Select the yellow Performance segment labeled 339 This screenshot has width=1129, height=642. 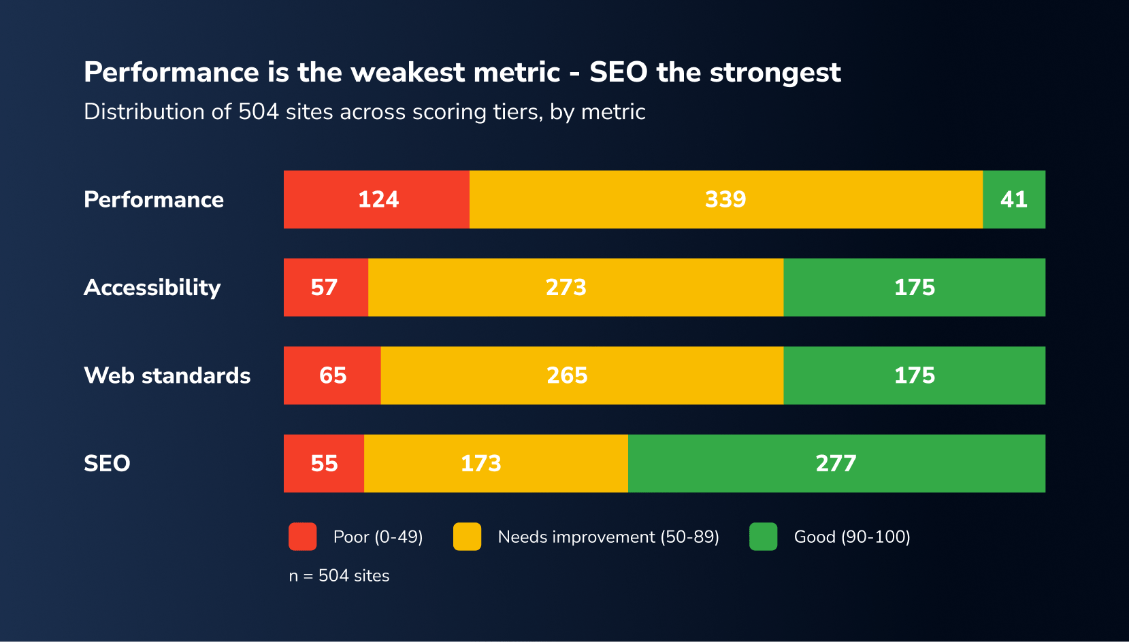725,199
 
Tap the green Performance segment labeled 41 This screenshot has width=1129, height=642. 1014,199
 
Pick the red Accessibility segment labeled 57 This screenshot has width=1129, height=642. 325,287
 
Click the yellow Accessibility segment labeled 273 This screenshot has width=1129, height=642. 575,287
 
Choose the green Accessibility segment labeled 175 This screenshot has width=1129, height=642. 914,287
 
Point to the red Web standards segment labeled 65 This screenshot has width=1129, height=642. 332,375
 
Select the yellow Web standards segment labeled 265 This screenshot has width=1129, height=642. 581,375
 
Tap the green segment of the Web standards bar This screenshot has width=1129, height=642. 914,375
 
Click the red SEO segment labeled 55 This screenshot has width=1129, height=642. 324,463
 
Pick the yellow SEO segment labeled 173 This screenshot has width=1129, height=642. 495,463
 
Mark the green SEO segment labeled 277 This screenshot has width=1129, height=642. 836,463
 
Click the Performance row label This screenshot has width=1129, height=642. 154,199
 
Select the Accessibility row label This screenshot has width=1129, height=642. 152,288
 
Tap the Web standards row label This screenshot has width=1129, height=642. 167,375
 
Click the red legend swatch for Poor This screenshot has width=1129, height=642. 302,537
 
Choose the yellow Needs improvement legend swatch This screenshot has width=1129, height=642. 467,537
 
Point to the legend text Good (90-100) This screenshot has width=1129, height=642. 851,537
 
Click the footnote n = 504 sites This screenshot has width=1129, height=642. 339,575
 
